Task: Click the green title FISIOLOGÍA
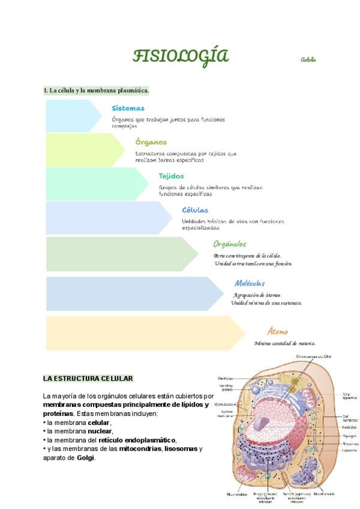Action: point(181,57)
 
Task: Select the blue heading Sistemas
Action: point(128,109)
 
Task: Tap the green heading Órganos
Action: point(151,143)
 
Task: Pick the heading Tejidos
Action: point(171,176)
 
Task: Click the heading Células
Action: point(195,211)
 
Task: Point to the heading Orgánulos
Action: point(230,244)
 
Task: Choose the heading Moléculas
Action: point(250,283)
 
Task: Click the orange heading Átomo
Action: point(277,331)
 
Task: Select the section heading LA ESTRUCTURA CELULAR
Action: point(88,379)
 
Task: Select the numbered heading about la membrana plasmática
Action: point(96,91)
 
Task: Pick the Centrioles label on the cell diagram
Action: point(225,378)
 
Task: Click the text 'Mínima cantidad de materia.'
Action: point(284,343)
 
